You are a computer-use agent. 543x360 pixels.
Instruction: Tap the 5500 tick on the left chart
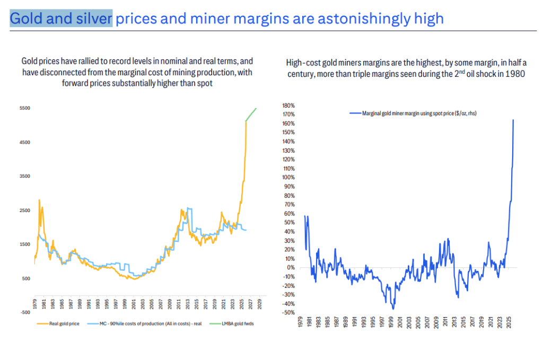[24, 108]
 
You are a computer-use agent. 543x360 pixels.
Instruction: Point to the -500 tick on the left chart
[24, 312]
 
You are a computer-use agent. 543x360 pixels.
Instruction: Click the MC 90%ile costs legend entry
[148, 323]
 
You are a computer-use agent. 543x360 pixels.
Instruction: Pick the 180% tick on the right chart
[287, 106]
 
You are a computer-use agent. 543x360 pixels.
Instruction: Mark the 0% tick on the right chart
[290, 267]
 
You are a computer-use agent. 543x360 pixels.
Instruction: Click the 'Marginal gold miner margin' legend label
[413, 113]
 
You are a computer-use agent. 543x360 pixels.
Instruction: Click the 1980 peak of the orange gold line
[39, 200]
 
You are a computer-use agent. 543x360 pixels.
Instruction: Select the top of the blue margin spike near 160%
[513, 120]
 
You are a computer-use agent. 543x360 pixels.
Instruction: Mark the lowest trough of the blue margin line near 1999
[393, 308]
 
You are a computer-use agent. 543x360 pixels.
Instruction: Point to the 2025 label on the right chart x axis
[509, 323]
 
